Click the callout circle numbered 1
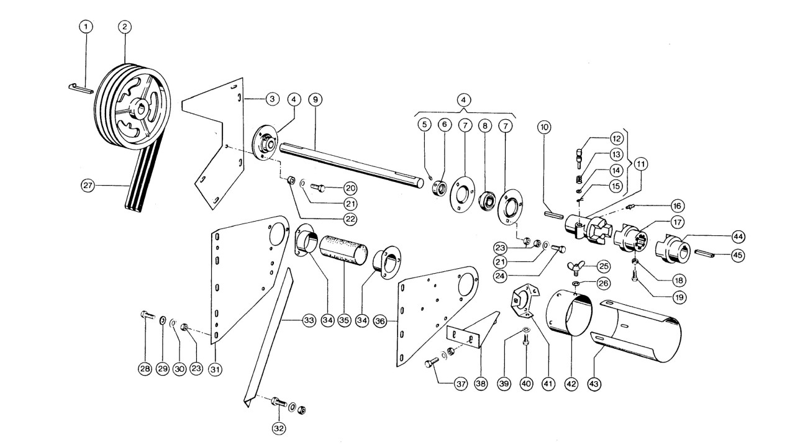pos(86,27)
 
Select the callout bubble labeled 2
pos(125,27)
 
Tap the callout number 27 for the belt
pos(88,185)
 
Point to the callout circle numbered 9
pos(316,100)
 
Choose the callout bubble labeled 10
pos(544,127)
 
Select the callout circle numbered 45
pos(738,255)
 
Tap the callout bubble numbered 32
pos(279,428)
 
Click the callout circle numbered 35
pos(344,320)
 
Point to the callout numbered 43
pos(594,384)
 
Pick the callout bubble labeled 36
pos(380,322)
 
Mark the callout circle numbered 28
pos(145,369)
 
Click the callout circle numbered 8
pos(485,125)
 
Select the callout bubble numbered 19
pos(679,297)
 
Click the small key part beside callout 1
pos(81,88)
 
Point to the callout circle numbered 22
pos(350,219)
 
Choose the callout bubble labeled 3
pos(272,99)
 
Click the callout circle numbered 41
pos(548,384)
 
